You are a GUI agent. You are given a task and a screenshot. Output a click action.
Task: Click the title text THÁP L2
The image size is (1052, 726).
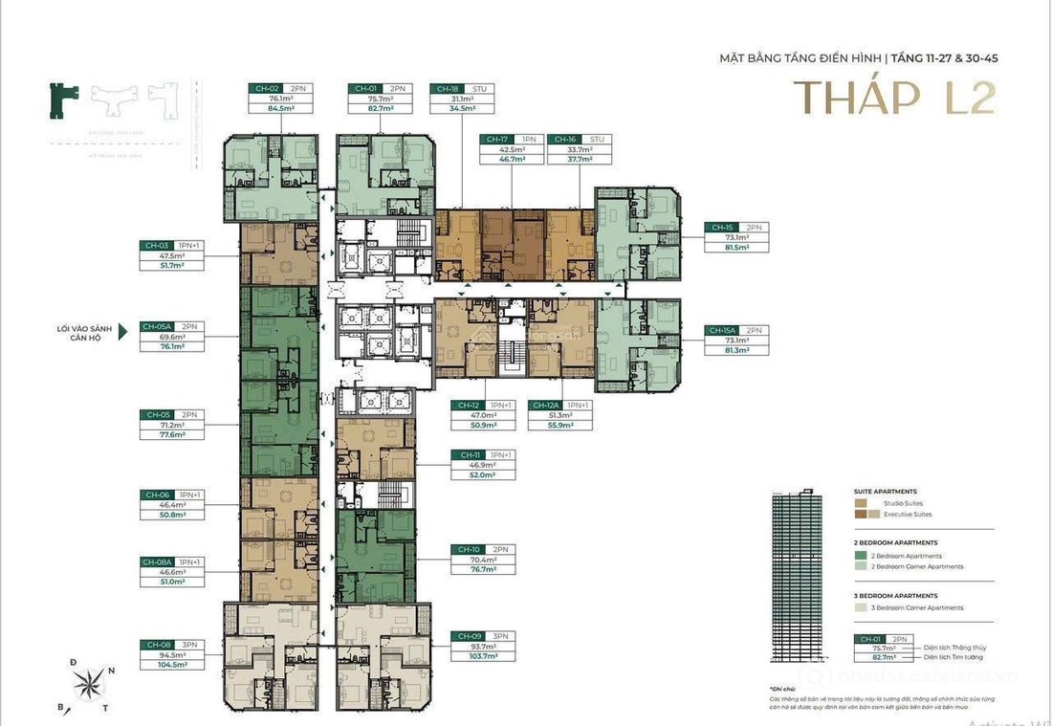pyautogui.click(x=895, y=97)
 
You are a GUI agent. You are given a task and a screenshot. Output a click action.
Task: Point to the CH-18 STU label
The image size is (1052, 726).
pyautogui.click(x=447, y=88)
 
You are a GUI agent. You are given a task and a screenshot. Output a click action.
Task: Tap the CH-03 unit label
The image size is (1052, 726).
pyautogui.click(x=156, y=246)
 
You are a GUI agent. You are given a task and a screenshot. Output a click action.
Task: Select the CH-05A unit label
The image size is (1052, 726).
pyautogui.click(x=157, y=326)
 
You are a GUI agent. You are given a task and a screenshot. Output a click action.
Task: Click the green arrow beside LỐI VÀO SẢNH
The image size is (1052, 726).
pyautogui.click(x=122, y=337)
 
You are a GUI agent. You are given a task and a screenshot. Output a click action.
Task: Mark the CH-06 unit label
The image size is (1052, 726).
pyautogui.click(x=156, y=495)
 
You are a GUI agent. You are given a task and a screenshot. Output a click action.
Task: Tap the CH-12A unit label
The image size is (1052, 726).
pyautogui.click(x=547, y=405)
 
